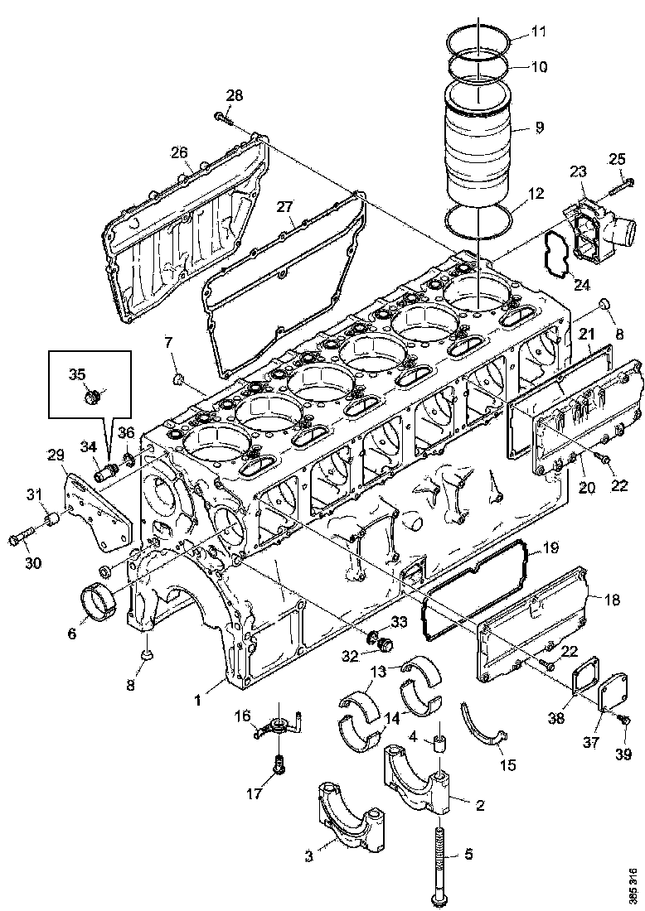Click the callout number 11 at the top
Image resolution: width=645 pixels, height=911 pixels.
tap(539, 33)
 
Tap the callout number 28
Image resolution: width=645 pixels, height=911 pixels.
tap(235, 95)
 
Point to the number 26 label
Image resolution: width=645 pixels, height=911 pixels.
tap(180, 152)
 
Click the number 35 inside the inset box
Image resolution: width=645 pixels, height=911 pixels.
tap(77, 374)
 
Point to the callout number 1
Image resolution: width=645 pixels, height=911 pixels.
tap(197, 701)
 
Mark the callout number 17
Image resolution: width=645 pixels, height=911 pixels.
tap(255, 794)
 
